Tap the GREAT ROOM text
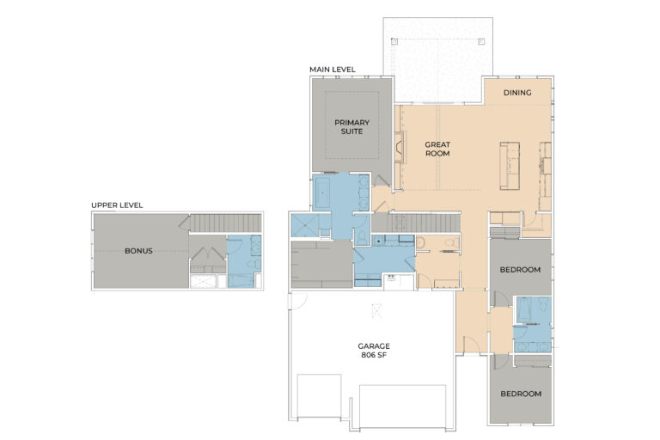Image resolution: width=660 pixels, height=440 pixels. click(437, 149)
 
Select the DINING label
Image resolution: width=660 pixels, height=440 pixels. click(516, 93)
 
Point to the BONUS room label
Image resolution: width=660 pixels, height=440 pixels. click(138, 251)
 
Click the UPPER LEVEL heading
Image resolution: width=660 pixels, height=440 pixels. click(117, 205)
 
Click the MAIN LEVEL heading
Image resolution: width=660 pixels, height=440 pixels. click(333, 70)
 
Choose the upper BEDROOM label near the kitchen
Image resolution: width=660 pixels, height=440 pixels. click(520, 270)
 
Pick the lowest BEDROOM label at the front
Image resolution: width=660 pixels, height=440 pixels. click(520, 394)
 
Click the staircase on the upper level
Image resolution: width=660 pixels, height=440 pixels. click(223, 223)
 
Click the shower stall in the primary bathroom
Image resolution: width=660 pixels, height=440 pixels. click(304, 226)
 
